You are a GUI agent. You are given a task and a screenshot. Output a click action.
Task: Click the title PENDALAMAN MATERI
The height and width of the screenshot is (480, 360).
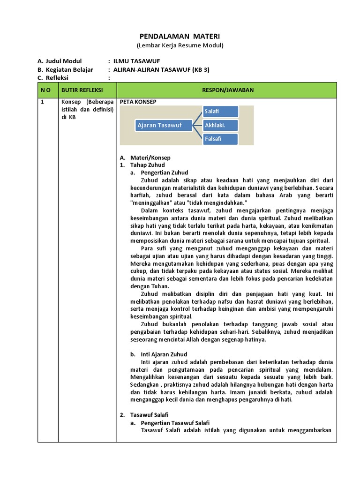(180, 36)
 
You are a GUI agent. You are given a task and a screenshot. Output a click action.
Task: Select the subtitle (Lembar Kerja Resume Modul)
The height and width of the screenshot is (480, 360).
(180, 45)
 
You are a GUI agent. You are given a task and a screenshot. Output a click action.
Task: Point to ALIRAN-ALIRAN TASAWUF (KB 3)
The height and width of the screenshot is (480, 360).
(162, 69)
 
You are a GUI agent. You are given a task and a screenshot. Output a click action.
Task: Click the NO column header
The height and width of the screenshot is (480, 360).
(48, 90)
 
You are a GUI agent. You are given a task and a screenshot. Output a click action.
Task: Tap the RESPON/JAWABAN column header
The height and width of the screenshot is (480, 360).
(226, 90)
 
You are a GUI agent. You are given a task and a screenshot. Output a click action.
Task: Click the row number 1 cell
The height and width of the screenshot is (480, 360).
(43, 102)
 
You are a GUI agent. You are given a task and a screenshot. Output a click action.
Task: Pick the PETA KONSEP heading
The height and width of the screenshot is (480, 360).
(138, 101)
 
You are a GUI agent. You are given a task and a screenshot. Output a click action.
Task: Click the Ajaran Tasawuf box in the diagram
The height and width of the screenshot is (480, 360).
(158, 125)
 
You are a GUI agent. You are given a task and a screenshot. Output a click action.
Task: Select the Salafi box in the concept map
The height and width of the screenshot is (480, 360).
(220, 112)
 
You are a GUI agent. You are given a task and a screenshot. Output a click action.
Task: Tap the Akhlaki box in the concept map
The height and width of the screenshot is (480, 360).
(220, 125)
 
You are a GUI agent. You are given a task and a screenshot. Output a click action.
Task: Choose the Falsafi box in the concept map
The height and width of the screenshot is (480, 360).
(220, 139)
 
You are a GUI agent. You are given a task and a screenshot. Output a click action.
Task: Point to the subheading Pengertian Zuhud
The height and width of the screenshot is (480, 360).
(164, 172)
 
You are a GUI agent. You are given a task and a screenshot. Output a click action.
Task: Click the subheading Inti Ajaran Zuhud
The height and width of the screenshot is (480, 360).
(164, 354)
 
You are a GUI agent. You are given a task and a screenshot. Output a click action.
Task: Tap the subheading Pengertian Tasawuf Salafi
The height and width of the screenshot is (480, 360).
(175, 423)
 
